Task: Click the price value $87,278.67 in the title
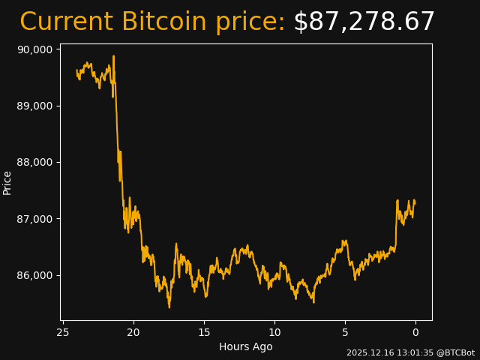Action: (364, 22)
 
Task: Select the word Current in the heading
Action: (66, 22)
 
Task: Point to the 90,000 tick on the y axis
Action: (34, 49)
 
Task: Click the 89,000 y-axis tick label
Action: (34, 106)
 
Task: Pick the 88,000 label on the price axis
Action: (34, 162)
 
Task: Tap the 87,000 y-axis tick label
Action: (34, 219)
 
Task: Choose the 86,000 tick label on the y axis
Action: (34, 275)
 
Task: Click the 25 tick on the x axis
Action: (63, 332)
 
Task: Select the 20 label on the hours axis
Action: (133, 332)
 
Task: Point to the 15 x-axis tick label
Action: (204, 332)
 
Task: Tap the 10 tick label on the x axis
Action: (274, 332)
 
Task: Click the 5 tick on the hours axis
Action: (345, 332)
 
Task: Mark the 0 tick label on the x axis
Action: (415, 332)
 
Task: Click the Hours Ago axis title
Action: (246, 346)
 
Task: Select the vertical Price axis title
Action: (7, 182)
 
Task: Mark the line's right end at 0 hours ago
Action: (415, 202)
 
